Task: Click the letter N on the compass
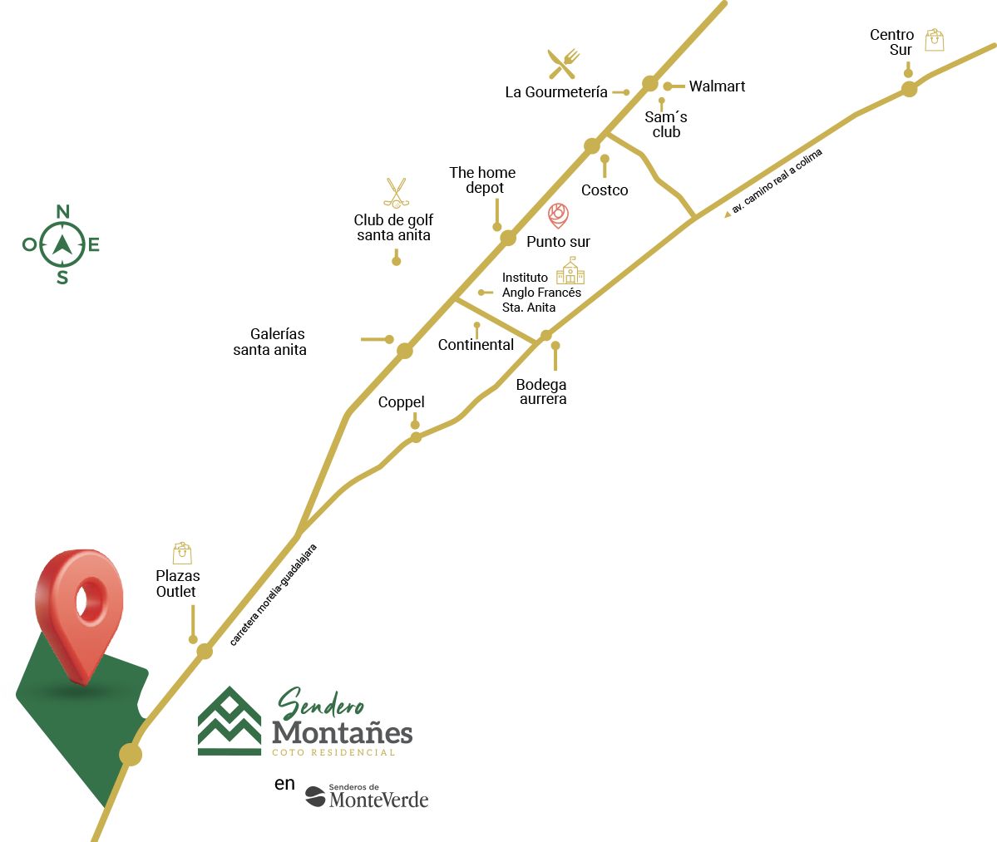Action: click(62, 211)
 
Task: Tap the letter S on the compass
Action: click(62, 278)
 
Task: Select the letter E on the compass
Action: click(94, 244)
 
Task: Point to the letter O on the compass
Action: click(29, 244)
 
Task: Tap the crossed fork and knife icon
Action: click(563, 64)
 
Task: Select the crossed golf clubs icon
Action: click(397, 193)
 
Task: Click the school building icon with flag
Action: click(570, 271)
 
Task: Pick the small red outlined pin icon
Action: click(558, 215)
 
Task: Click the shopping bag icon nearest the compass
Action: click(182, 553)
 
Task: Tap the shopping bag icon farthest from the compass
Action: click(935, 40)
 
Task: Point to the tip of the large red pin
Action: click(83, 682)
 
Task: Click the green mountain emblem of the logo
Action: click(230, 721)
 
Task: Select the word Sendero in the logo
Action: click(320, 705)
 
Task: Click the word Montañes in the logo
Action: click(342, 733)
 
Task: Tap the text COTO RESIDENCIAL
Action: click(333, 752)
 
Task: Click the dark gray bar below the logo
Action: click(367, 795)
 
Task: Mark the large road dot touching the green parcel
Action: click(131, 755)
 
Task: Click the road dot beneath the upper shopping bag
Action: click(909, 89)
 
